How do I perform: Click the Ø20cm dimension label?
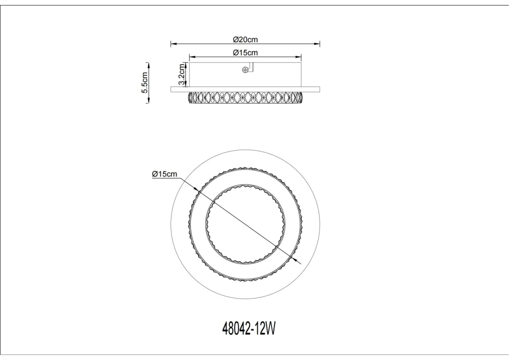point(246,40)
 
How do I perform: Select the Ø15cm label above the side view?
point(246,53)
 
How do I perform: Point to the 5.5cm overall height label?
point(145,83)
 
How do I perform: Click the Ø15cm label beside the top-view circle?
point(165,174)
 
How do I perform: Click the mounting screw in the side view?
point(245,70)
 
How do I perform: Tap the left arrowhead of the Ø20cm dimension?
point(173,43)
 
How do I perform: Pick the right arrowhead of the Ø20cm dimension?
point(317,43)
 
